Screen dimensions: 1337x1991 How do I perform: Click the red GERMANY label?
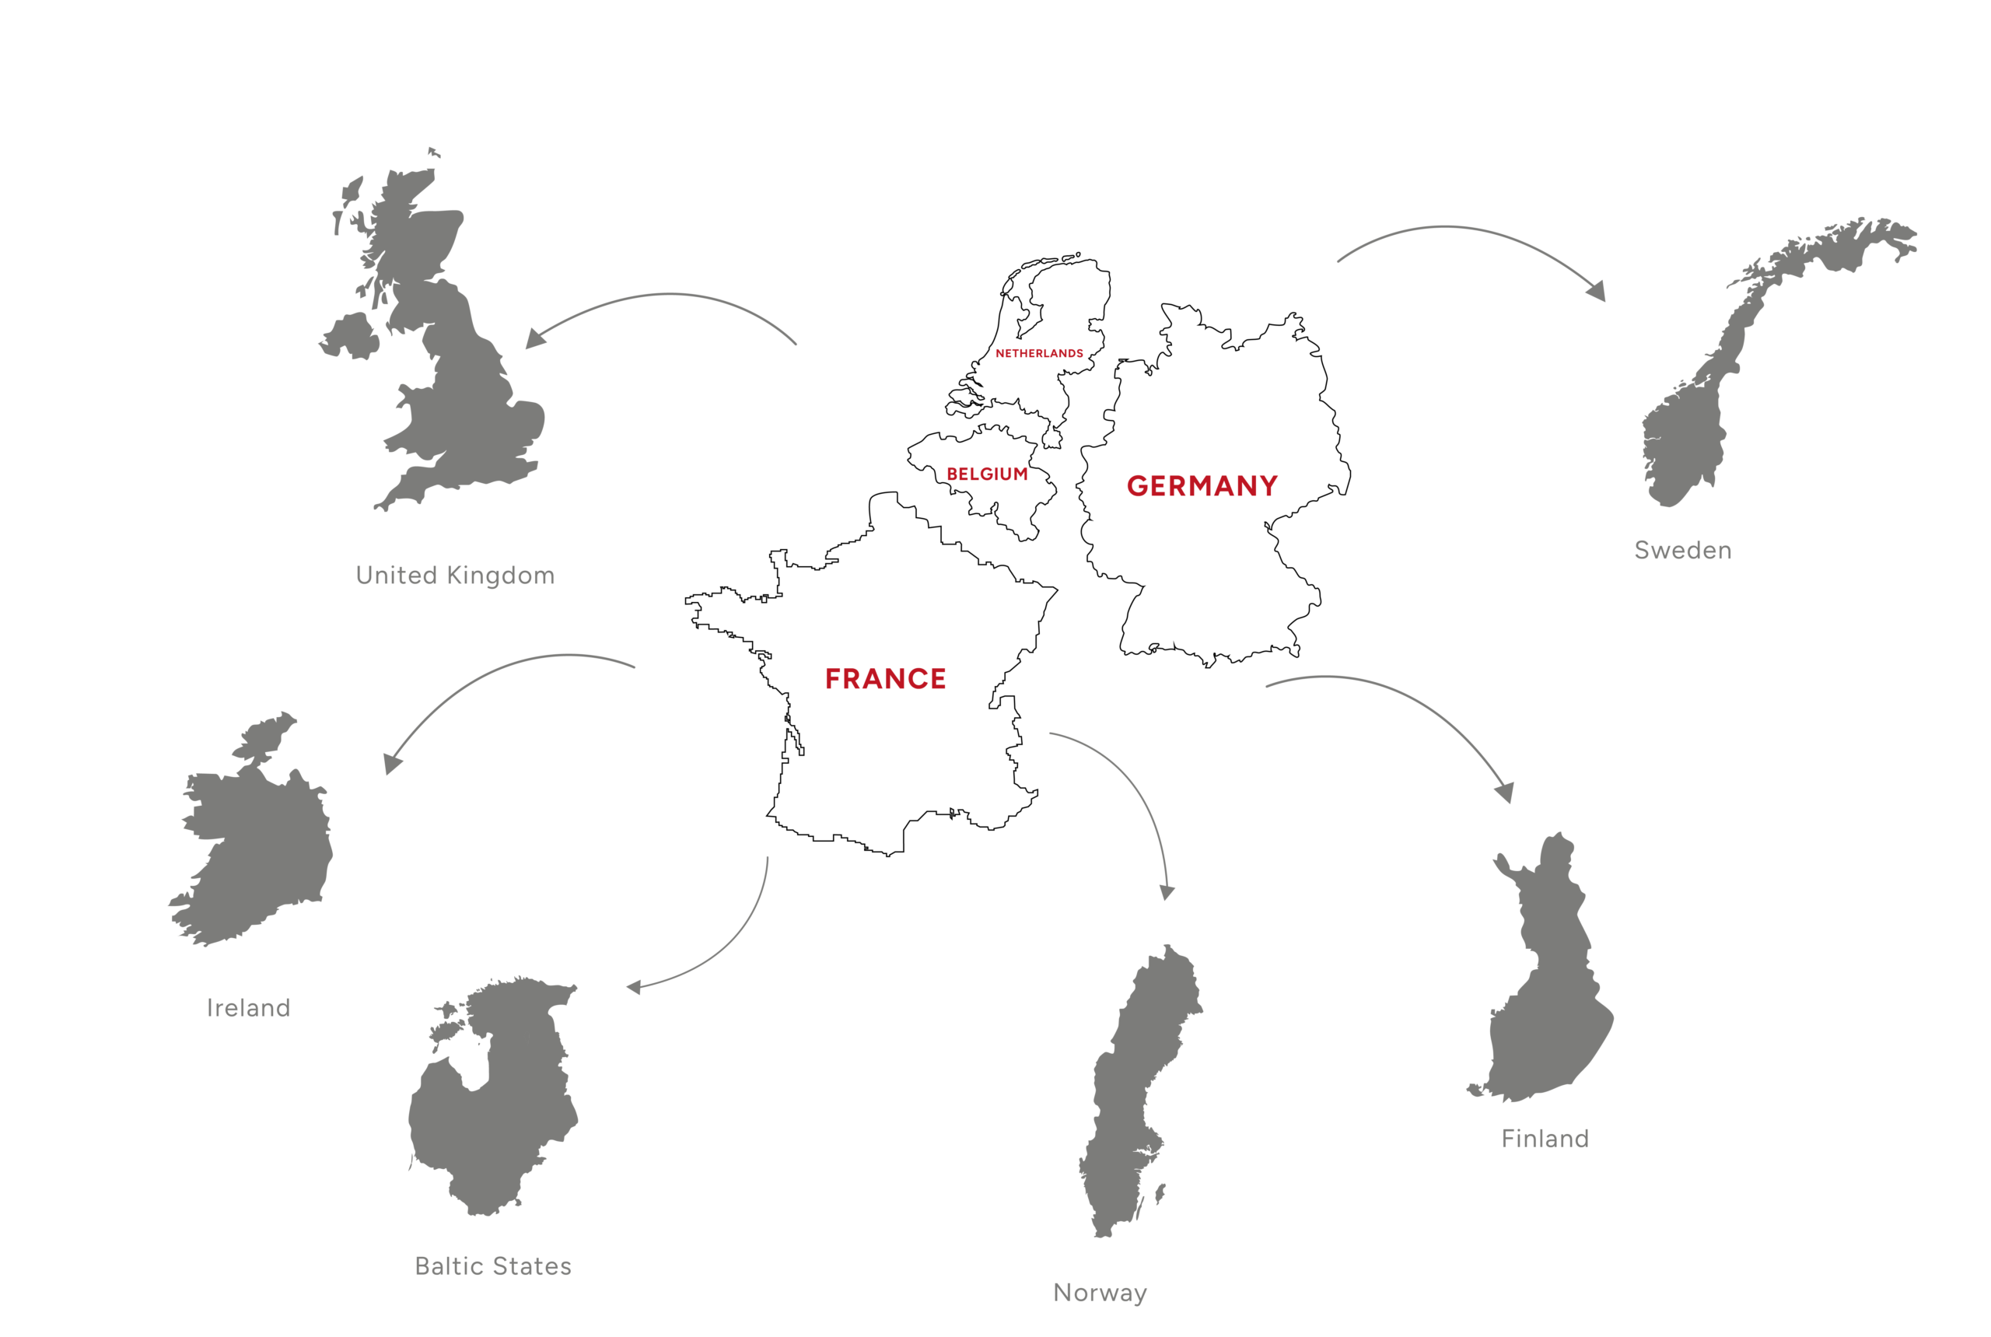coord(1202,486)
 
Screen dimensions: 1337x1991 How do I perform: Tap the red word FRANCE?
coord(885,679)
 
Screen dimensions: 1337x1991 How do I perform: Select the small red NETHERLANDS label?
coord(1038,353)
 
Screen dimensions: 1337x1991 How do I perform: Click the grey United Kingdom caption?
coord(454,576)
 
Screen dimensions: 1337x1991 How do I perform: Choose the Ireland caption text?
coord(248,1008)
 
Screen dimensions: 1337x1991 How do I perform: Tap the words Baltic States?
coord(493,1266)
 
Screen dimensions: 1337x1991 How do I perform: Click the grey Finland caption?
coord(1545,1139)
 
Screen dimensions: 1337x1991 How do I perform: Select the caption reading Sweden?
coord(1682,551)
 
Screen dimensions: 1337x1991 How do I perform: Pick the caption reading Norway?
coord(1100,1293)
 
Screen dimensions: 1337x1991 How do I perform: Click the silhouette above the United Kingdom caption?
coord(465,383)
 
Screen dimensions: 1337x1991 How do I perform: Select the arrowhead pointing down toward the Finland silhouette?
coord(1505,793)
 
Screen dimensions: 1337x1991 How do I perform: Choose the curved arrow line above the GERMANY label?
coord(1450,228)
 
